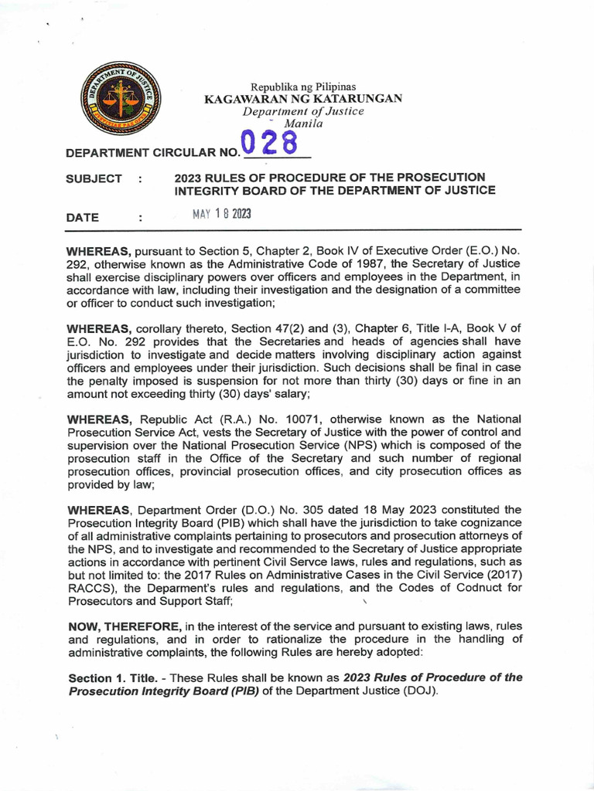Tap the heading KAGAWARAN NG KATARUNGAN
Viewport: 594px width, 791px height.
click(302, 100)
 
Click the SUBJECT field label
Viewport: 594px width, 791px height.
click(95, 178)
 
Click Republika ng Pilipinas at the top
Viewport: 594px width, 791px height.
click(303, 87)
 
